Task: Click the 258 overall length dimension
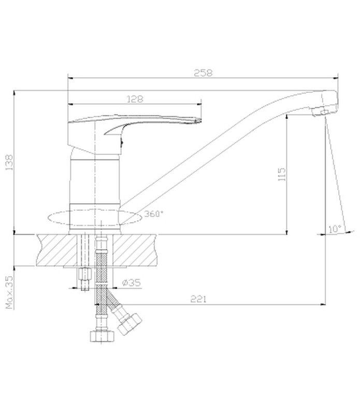coord(203,73)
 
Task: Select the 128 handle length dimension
coord(135,99)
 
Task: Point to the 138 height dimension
coord(9,162)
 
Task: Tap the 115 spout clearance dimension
coord(282,174)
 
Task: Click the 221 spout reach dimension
coord(198,299)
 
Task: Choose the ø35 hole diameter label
coord(132,283)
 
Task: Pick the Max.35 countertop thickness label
coord(9,292)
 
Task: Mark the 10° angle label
coord(335,229)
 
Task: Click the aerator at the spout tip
coord(320,112)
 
